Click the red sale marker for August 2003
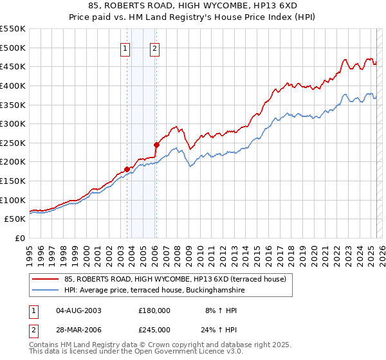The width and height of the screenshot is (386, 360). click(127, 169)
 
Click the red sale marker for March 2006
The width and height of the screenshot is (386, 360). click(156, 145)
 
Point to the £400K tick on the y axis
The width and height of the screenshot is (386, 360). click(13, 85)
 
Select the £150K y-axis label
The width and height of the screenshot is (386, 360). click(13, 181)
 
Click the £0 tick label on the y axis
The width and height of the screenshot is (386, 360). click(19, 238)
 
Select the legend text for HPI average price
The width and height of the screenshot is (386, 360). click(154, 290)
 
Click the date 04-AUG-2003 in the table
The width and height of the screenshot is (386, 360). click(79, 310)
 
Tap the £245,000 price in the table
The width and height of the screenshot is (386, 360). click(154, 330)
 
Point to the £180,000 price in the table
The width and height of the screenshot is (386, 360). click(154, 310)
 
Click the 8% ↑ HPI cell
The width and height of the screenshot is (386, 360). click(222, 310)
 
